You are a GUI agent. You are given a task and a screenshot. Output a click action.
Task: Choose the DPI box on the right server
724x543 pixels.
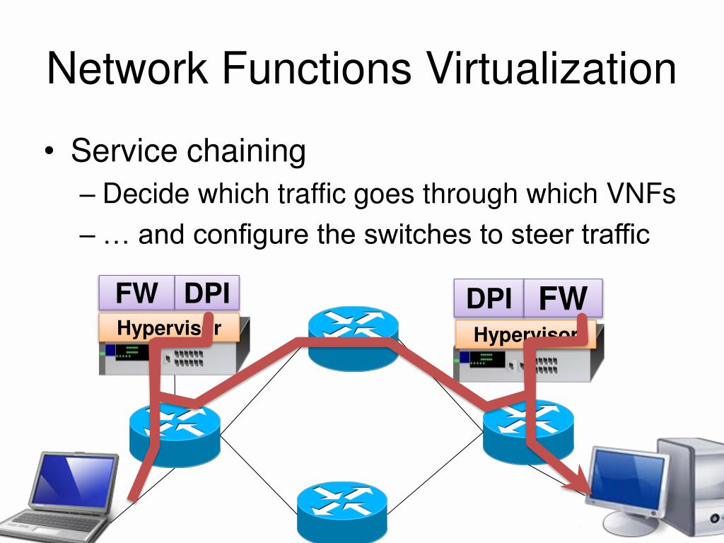click(x=489, y=298)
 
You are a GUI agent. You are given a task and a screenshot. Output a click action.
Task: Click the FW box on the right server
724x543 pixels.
click(x=563, y=298)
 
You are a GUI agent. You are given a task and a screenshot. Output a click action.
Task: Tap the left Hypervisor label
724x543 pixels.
click(x=168, y=328)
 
